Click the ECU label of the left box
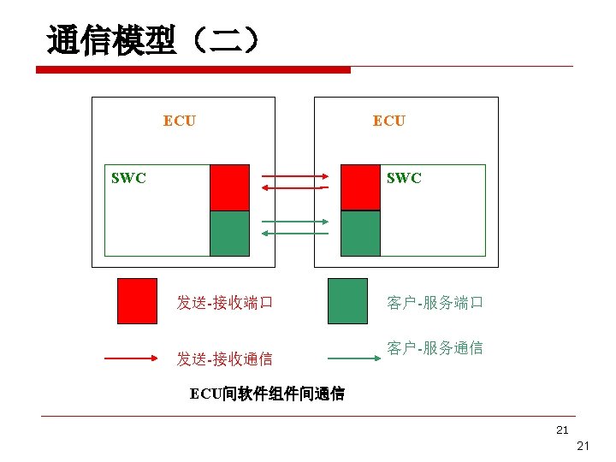pos(179,121)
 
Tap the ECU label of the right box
pos(388,121)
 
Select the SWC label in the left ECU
pos(128,178)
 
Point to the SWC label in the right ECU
pos(404,178)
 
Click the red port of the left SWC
pos(229,187)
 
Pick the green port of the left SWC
pos(229,233)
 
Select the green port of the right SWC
pos(360,233)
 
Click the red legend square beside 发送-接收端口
pos(137,300)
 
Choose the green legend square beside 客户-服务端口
pos(347,300)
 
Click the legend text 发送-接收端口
pos(224,302)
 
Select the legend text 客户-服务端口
pos(435,302)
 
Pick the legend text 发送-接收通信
pos(224,358)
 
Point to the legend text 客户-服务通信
pos(435,348)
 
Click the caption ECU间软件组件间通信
pos(267,394)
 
